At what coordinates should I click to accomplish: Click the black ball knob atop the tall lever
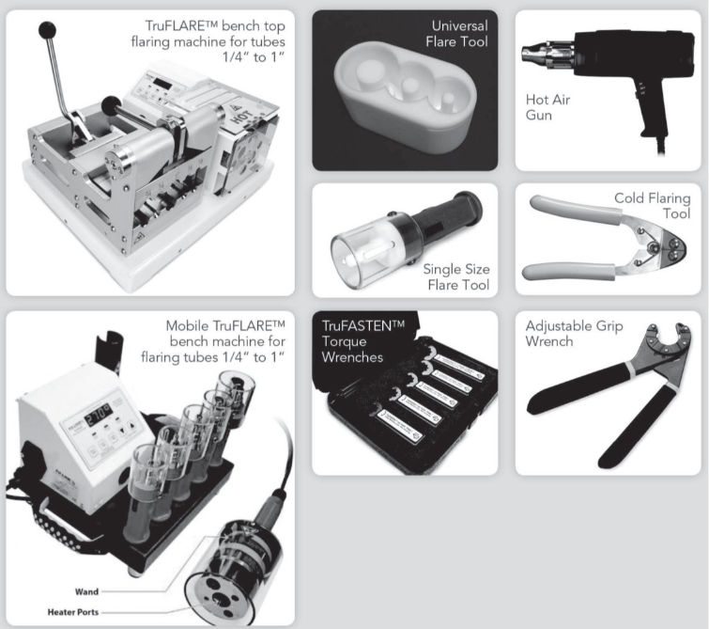coord(47,31)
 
